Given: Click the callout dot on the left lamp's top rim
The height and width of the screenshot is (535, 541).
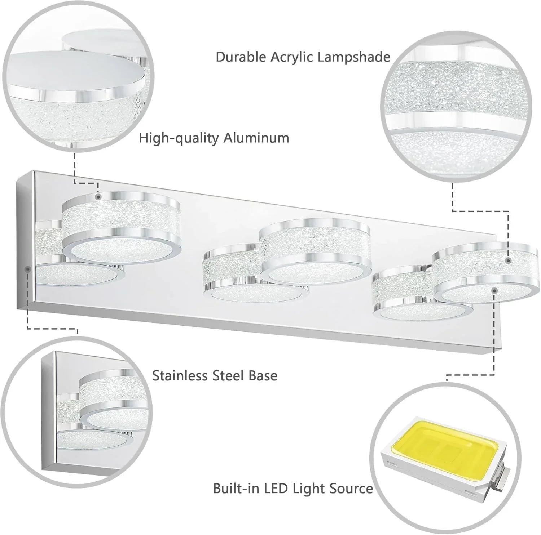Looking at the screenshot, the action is (x=98, y=197).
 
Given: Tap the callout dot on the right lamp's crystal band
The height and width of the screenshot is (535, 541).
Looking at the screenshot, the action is (x=509, y=260).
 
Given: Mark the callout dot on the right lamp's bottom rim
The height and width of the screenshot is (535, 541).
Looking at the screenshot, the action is (x=494, y=289).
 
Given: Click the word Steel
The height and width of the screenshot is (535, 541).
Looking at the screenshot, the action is (x=227, y=375).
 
